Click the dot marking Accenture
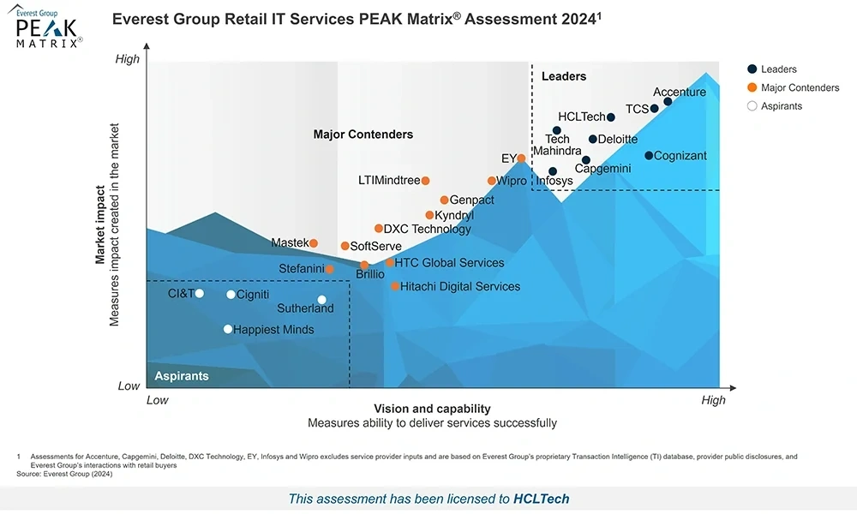point(668,102)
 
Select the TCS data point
point(654,109)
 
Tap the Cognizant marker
point(649,156)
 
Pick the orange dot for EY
point(521,158)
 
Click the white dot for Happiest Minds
point(228,329)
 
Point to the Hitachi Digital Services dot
point(395,286)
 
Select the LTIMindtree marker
point(425,181)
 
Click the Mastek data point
point(314,243)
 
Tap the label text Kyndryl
point(454,215)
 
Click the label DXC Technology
point(427,229)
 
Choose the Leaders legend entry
point(778,69)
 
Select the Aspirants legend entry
point(781,106)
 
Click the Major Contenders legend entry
point(800,87)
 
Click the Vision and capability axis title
point(432,409)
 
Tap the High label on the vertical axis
point(127,59)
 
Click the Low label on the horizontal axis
point(158,400)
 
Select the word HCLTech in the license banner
point(541,499)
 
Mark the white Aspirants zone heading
point(181,376)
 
